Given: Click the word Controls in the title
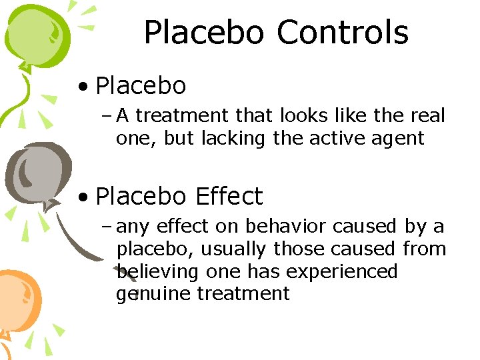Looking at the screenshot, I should [342, 33].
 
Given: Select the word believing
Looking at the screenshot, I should [157, 273].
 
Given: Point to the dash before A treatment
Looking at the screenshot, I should [107, 116].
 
